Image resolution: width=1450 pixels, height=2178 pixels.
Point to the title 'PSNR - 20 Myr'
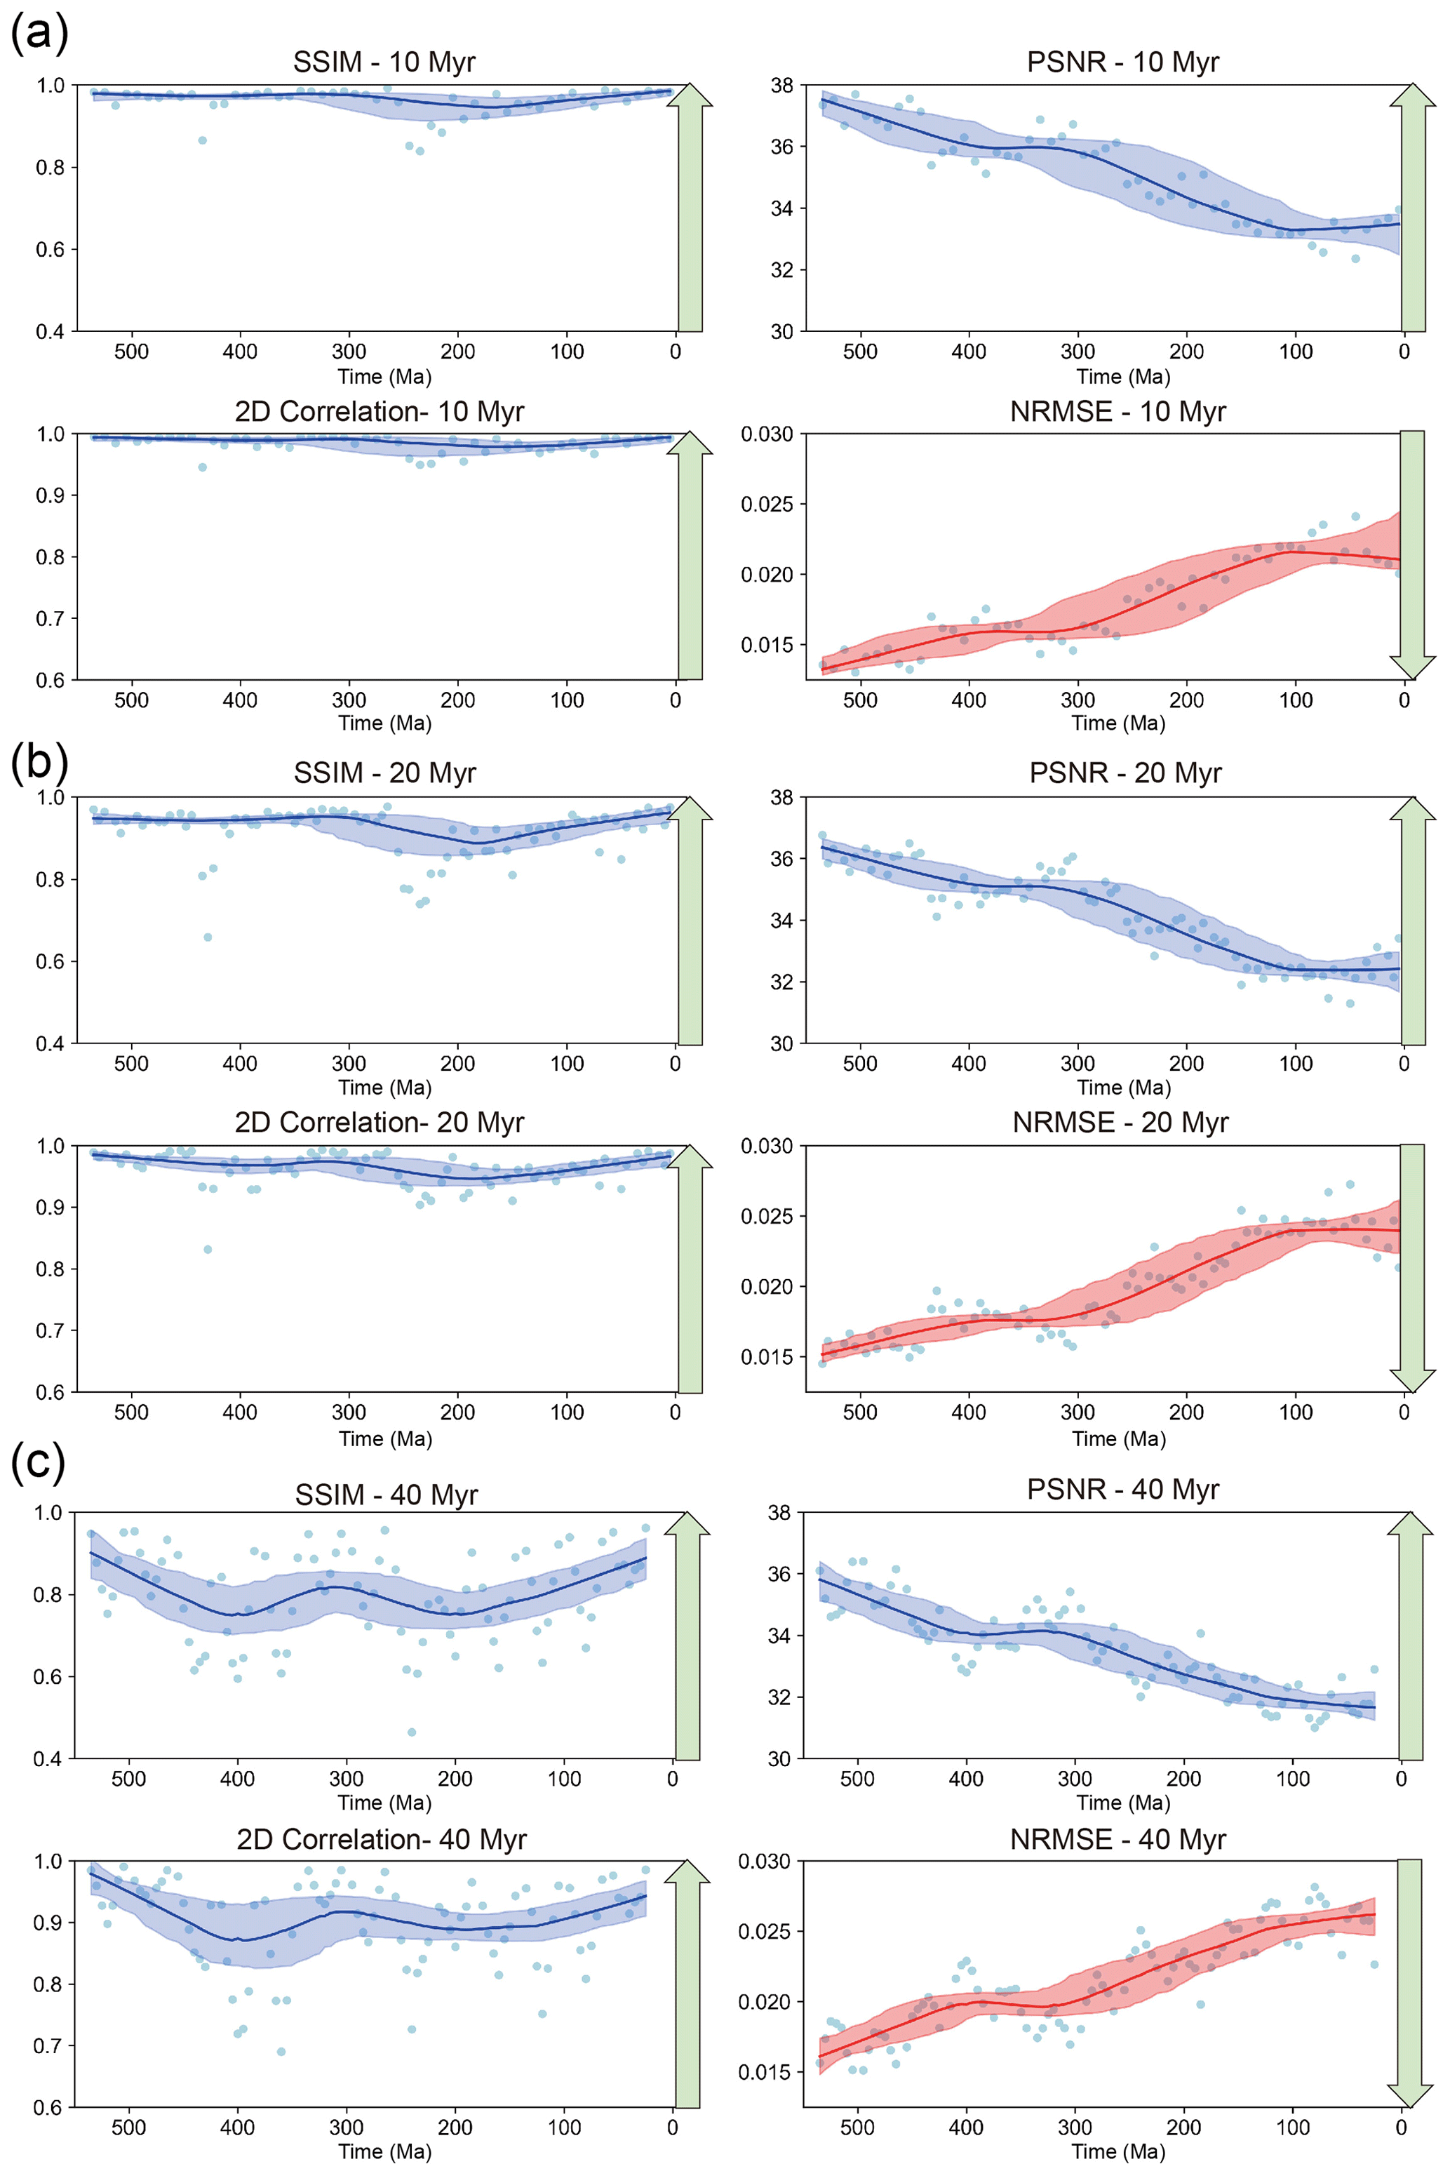pyautogui.click(x=1125, y=773)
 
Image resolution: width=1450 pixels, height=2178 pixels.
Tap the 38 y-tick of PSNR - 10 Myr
pyautogui.click(x=781, y=85)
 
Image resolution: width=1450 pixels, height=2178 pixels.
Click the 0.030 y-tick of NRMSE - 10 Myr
pyautogui.click(x=767, y=434)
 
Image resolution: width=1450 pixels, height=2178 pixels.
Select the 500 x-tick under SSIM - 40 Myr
pyautogui.click(x=128, y=1779)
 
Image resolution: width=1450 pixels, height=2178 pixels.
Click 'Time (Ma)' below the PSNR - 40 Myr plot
pyautogui.click(x=1124, y=1803)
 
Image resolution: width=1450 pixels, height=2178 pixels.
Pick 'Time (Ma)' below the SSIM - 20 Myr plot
pyautogui.click(x=384, y=1088)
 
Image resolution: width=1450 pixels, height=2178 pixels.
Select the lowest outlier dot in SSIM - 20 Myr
pyautogui.click(x=208, y=937)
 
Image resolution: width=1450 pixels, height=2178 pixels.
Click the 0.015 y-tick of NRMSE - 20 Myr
pyautogui.click(x=767, y=1357)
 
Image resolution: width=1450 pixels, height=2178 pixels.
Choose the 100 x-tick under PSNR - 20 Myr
pyautogui.click(x=1296, y=1064)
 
